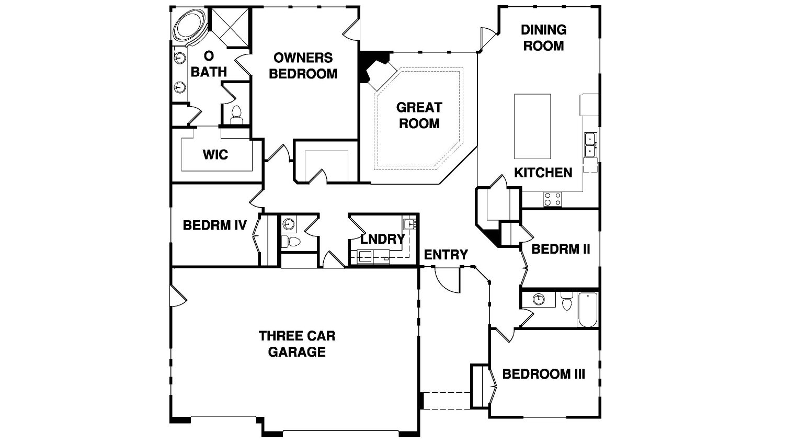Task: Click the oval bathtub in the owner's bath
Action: pyautogui.click(x=190, y=27)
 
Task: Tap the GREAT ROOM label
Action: pyautogui.click(x=419, y=116)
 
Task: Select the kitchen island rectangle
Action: pyautogui.click(x=532, y=127)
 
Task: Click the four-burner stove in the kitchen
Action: pyautogui.click(x=552, y=199)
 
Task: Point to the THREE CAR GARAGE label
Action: pyautogui.click(x=297, y=344)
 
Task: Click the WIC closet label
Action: pyautogui.click(x=215, y=155)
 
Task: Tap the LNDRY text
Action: pyautogui.click(x=383, y=239)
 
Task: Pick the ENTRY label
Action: pyautogui.click(x=446, y=254)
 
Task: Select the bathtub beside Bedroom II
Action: pyautogui.click(x=587, y=310)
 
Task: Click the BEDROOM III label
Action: pyautogui.click(x=544, y=374)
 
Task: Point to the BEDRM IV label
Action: pyautogui.click(x=215, y=225)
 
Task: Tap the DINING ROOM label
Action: pyautogui.click(x=543, y=38)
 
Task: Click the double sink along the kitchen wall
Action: pyautogui.click(x=590, y=145)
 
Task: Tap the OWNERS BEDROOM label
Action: pyautogui.click(x=303, y=66)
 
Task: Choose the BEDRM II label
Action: pyautogui.click(x=561, y=249)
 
